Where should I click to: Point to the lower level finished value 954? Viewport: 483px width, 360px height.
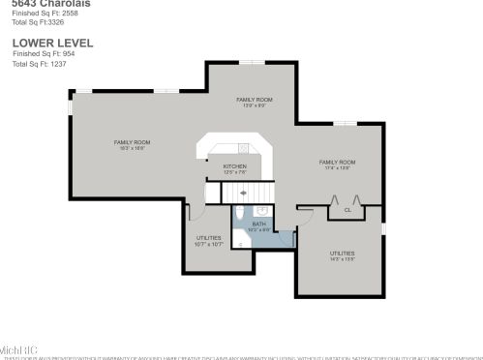(65, 53)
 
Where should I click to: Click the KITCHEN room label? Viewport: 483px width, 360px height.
(235, 166)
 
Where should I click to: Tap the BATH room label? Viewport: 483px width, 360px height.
(258, 224)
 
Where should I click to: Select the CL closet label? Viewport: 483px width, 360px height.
(347, 209)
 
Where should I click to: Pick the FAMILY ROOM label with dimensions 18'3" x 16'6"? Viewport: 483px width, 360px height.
(133, 142)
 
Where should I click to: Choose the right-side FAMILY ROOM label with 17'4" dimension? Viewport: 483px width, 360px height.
(337, 162)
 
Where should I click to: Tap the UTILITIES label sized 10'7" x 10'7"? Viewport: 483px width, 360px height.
(208, 237)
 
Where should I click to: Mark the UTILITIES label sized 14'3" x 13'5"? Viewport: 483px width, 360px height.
(342, 253)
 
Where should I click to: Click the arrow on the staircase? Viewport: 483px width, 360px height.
(241, 193)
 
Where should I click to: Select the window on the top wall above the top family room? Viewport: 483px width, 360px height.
(254, 63)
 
